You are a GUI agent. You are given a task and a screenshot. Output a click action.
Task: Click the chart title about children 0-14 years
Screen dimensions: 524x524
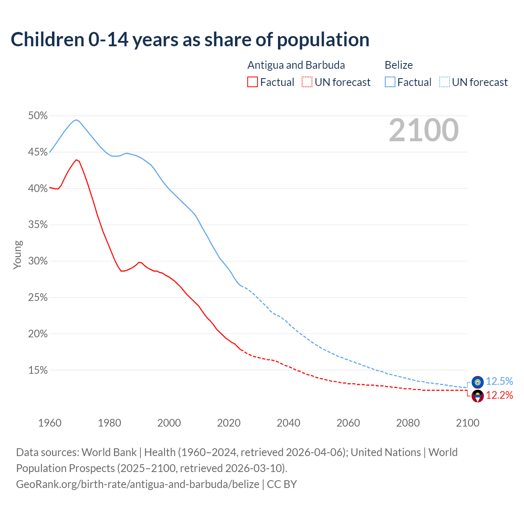click(x=190, y=40)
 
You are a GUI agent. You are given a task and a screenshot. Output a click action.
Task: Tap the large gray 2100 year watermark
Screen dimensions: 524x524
click(x=424, y=130)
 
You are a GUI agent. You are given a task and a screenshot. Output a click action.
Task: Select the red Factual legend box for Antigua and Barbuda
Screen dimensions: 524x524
click(x=253, y=82)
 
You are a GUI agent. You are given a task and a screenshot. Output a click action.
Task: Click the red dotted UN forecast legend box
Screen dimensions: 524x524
click(x=307, y=82)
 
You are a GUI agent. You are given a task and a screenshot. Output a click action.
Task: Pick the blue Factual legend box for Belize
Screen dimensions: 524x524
click(x=390, y=82)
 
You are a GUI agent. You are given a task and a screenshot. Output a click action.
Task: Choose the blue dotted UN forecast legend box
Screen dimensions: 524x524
click(x=445, y=82)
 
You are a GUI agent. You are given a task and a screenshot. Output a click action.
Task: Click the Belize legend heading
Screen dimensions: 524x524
click(x=399, y=65)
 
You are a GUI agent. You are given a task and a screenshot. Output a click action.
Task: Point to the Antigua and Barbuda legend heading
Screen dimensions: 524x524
click(x=296, y=65)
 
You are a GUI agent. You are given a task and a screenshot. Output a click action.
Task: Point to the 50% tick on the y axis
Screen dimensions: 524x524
click(x=38, y=116)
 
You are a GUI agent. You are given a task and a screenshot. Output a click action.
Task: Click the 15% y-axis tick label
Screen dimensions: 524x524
click(x=38, y=370)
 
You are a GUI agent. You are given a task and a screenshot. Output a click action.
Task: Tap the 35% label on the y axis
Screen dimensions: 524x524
click(x=38, y=225)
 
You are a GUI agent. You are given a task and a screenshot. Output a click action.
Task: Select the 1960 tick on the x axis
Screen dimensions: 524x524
click(x=50, y=423)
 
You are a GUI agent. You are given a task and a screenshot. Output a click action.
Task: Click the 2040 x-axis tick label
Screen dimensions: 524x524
click(x=289, y=423)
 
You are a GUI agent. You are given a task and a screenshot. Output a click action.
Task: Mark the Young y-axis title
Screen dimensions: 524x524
click(x=18, y=255)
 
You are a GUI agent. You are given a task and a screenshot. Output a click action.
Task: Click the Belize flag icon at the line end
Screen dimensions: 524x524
click(x=477, y=382)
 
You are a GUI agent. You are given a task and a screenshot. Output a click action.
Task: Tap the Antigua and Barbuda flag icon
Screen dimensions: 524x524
click(x=477, y=396)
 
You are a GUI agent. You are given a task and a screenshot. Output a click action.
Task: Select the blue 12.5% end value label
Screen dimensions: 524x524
click(x=499, y=382)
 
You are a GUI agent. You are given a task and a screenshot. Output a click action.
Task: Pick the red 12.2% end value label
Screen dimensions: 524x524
click(x=499, y=395)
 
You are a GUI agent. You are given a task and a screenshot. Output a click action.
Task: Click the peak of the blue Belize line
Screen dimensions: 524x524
click(x=76, y=120)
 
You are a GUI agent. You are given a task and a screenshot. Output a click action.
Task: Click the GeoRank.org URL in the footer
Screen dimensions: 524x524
click(x=138, y=484)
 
